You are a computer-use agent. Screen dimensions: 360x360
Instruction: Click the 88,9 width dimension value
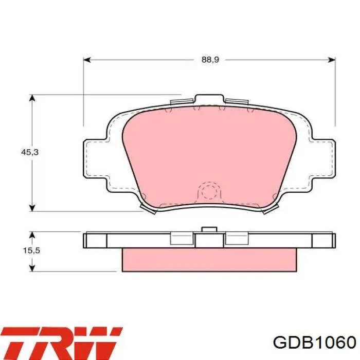pos(210,60)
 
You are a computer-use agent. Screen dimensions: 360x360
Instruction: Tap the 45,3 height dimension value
pos(30,152)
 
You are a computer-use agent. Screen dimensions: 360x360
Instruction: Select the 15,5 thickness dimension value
pos(31,250)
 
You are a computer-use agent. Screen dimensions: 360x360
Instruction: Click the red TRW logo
pos(62,343)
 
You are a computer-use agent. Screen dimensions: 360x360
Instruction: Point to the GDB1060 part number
pos(315,343)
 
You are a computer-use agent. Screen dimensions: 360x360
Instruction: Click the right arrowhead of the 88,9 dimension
pos(332,60)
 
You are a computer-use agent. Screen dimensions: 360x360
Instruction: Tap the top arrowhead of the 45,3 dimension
pos(32,98)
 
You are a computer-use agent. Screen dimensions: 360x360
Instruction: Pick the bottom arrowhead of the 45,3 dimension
pos(32,208)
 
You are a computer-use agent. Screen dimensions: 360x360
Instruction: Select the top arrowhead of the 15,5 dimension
pos(32,236)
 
